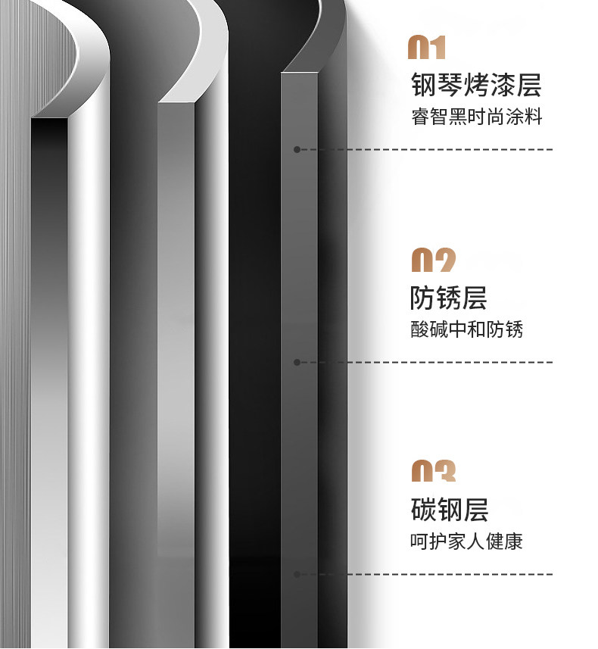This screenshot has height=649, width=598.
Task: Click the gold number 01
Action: [427, 48]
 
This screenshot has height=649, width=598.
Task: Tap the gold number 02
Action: [433, 261]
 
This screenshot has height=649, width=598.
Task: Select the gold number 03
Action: [433, 471]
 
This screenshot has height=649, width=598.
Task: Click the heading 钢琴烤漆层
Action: [476, 85]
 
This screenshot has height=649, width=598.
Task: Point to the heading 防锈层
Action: [448, 298]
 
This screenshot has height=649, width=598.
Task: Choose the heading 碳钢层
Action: [449, 510]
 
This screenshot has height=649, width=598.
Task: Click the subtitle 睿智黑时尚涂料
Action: [476, 117]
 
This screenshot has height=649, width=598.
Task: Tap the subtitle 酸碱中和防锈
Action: [466, 329]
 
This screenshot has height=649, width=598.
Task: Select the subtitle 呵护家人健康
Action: [466, 541]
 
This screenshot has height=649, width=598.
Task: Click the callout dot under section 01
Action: [297, 150]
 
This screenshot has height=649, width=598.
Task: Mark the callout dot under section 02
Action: [297, 362]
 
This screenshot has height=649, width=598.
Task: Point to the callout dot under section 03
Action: [297, 574]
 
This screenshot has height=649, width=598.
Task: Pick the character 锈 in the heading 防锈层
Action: [448, 298]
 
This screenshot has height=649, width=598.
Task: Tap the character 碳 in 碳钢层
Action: [423, 510]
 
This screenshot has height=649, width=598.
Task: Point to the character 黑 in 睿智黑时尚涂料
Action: [457, 117]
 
